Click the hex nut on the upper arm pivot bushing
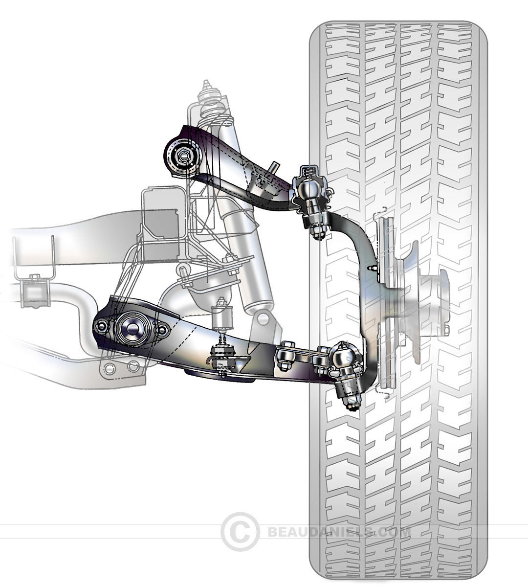(x=182, y=156)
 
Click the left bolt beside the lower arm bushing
(x=101, y=327)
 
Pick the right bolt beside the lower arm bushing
(x=160, y=331)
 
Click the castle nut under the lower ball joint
(x=353, y=403)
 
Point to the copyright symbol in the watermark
(x=240, y=531)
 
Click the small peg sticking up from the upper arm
(x=275, y=166)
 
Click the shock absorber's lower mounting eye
(x=264, y=319)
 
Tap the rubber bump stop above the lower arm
(x=223, y=318)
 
